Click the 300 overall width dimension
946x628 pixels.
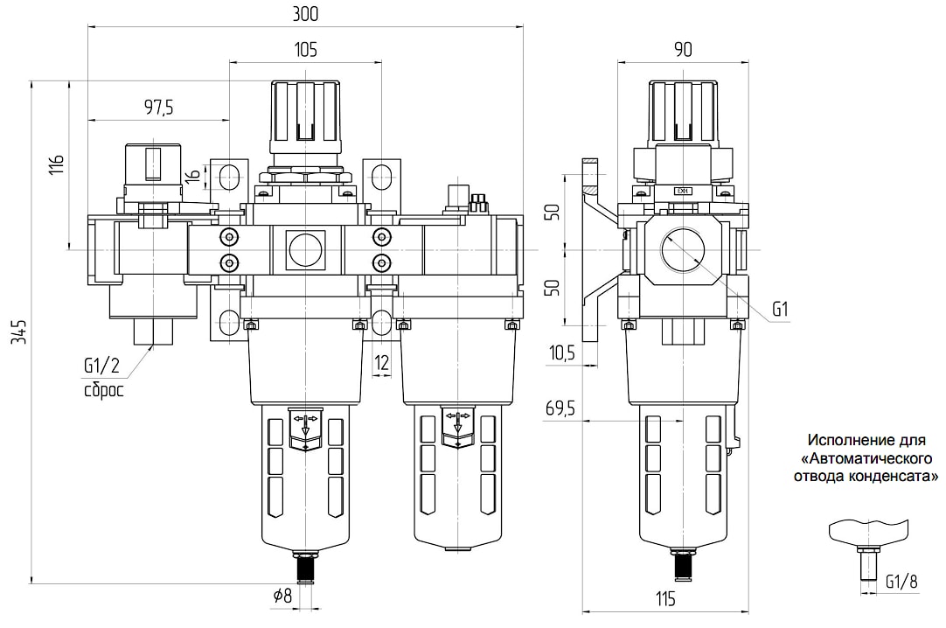304,13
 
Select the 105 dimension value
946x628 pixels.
305,49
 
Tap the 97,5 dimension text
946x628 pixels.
158,108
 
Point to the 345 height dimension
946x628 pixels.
20,332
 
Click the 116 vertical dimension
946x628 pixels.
56,164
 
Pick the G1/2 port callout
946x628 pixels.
101,366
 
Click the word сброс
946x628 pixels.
104,390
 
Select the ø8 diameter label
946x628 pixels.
282,596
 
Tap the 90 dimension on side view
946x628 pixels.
683,49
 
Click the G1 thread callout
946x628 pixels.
780,310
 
